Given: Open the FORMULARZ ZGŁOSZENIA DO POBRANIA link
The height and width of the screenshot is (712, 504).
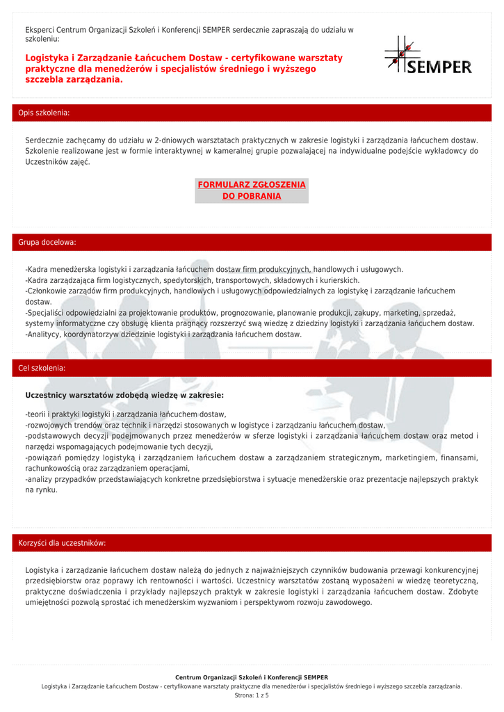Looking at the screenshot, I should pos(252,191).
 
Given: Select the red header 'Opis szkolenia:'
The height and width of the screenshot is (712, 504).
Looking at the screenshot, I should pos(44,113).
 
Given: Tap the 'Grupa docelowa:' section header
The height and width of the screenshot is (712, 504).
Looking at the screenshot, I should pos(47,243).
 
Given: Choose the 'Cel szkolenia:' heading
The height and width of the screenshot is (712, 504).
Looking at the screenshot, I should pos(42,368).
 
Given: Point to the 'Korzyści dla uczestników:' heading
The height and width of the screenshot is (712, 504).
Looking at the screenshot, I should pos(62,543).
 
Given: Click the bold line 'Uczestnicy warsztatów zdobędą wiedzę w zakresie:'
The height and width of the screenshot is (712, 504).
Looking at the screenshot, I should pos(124,395).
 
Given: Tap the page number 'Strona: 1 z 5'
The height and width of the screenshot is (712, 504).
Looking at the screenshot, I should pos(252,695).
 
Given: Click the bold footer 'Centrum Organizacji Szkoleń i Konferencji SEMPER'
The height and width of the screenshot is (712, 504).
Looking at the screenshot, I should pos(252,677).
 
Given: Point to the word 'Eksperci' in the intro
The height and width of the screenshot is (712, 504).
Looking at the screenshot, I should pos(39,30).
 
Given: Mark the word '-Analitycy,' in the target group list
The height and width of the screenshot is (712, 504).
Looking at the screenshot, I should pos(44,334).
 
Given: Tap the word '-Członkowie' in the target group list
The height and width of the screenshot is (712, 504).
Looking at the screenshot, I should pos(49,291).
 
